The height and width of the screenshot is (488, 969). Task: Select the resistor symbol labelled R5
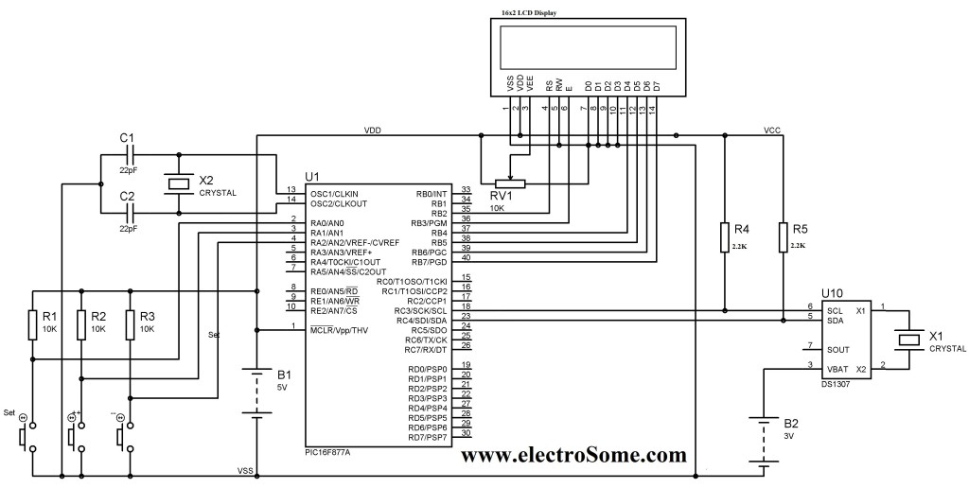click(x=784, y=237)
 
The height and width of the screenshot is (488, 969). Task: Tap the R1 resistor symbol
click(x=33, y=322)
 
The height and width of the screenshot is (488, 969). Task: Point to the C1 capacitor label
click(x=127, y=137)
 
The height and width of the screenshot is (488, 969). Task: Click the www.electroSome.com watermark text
click(x=573, y=456)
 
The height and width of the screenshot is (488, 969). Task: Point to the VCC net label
click(x=772, y=130)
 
